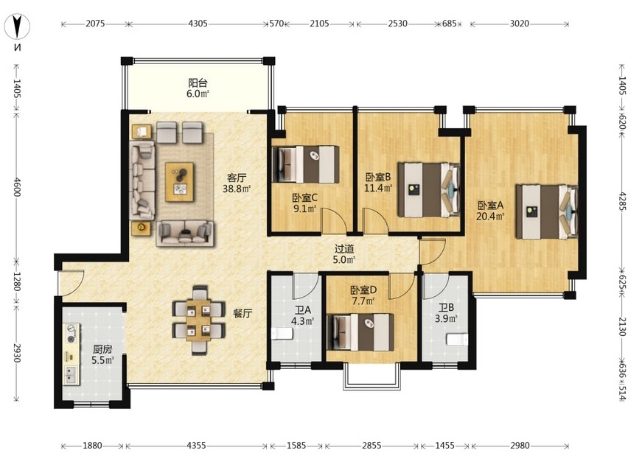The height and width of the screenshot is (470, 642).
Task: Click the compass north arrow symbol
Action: coord(18,27)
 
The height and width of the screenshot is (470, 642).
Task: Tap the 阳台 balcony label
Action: coord(198,83)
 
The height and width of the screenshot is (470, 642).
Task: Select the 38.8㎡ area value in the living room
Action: coord(237,189)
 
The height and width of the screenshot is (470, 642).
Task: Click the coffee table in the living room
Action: coord(179,182)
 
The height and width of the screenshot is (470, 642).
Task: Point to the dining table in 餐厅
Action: coord(198,320)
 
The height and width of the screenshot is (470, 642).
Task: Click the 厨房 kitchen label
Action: coord(102,349)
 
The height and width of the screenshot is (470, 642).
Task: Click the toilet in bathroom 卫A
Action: coord(282,334)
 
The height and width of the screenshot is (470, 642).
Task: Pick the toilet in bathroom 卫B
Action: coord(456,340)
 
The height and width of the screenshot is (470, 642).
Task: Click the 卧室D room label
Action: coord(363,290)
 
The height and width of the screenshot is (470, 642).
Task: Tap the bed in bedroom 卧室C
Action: coord(306,164)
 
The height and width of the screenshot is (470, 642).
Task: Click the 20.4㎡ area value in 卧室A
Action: coord(489,216)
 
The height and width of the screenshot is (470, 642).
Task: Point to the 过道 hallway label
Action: coord(344,249)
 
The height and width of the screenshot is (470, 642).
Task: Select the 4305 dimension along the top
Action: coord(198,24)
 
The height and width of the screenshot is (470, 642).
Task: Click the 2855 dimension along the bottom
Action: coord(371,446)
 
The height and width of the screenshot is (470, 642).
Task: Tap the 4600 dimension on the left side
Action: coord(17,186)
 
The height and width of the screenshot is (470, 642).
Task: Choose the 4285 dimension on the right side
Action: coord(622,202)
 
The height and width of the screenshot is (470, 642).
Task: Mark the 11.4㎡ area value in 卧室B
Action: coord(378,188)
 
